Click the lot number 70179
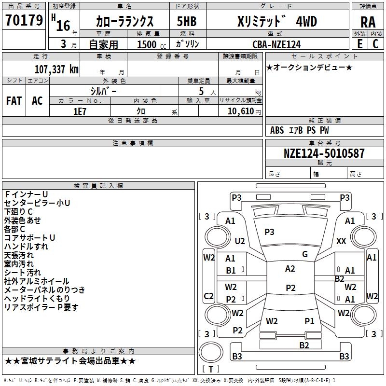point(24,21)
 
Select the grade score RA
point(368,22)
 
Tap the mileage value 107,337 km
point(56,69)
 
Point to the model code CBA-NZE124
point(276,44)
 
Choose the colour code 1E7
point(80,111)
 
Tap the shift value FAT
point(14,101)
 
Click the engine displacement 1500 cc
point(147,44)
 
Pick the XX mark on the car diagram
point(341,241)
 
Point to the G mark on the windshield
point(305,254)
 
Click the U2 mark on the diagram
point(240,241)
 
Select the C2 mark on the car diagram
point(209,296)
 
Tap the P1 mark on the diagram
point(309,321)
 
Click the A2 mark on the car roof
point(290,269)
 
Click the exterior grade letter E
point(359,44)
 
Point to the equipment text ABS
point(277,130)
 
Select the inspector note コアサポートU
point(29,238)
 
